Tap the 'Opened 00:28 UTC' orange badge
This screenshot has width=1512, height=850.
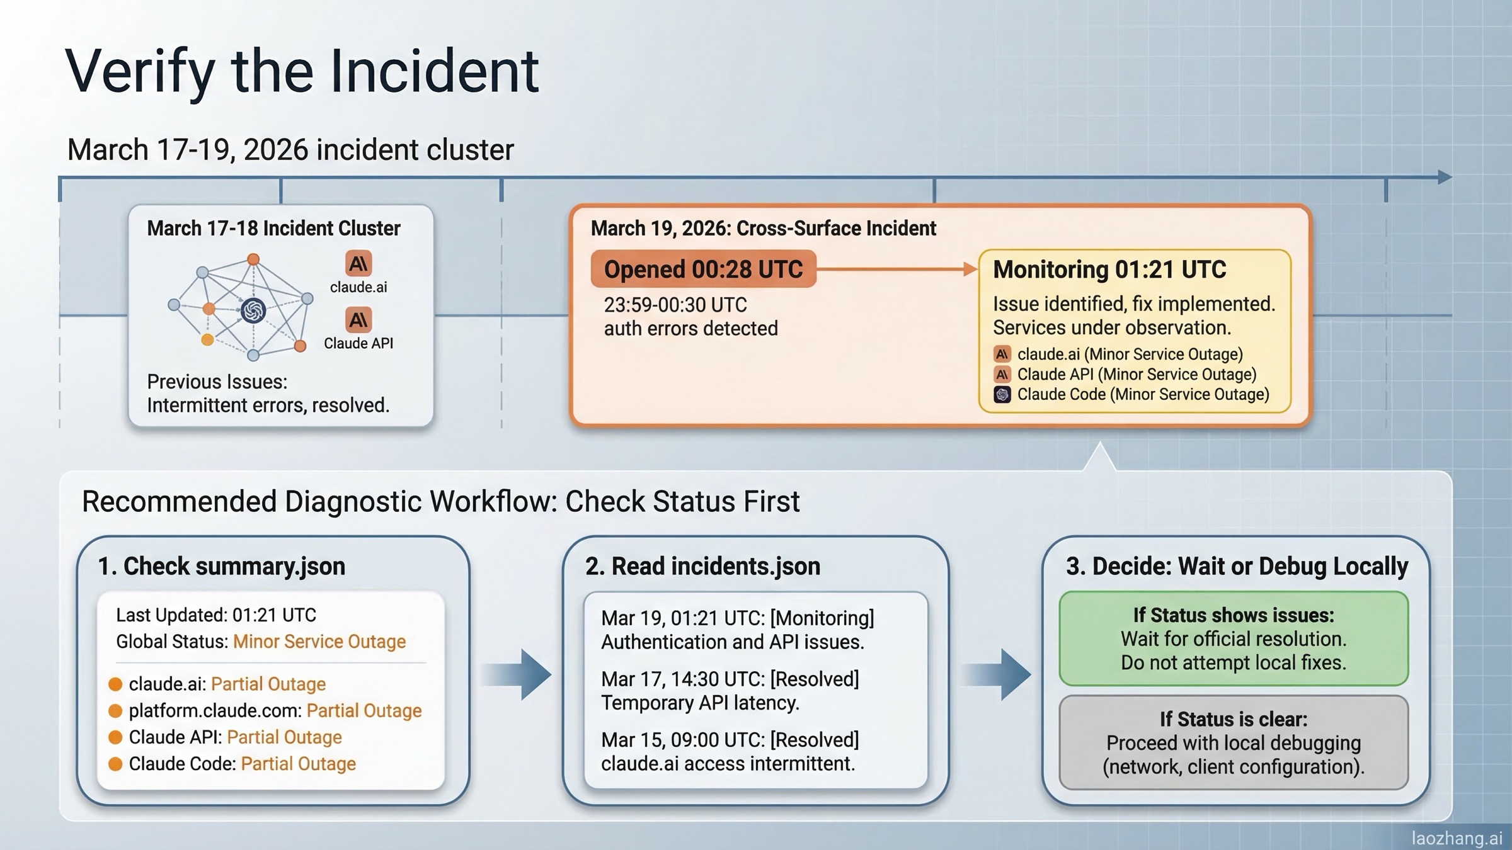(703, 269)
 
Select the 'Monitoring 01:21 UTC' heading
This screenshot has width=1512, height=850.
(1109, 269)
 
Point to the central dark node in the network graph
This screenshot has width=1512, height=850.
(253, 310)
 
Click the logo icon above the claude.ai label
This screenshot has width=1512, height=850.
(358, 264)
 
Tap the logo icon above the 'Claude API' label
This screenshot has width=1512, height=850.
(358, 320)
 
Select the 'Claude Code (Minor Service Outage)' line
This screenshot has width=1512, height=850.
(1142, 395)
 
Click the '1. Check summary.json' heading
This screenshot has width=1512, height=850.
(222, 566)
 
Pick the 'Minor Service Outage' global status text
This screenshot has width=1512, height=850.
(319, 642)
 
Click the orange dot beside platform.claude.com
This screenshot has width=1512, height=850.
(115, 711)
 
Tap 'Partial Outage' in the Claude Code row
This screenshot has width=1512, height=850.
(298, 764)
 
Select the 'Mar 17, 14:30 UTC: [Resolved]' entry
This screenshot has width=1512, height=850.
(730, 679)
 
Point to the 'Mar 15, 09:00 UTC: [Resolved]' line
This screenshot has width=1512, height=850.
(730, 740)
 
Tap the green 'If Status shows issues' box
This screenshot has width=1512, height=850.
(1233, 638)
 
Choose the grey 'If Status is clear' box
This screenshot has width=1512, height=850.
(1233, 743)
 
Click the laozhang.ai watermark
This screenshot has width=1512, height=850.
(1457, 838)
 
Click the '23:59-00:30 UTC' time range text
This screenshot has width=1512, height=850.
(675, 305)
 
